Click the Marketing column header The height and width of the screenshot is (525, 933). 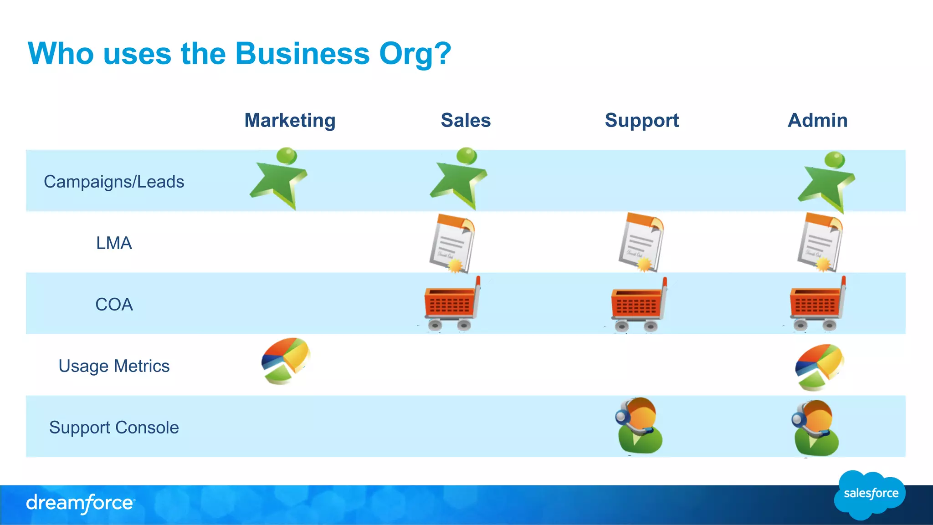click(x=290, y=121)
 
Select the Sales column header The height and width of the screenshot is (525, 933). click(x=466, y=121)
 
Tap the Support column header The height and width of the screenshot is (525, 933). click(x=641, y=121)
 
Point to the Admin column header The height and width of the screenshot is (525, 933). click(x=818, y=121)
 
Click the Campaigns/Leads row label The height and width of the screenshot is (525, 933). click(x=114, y=182)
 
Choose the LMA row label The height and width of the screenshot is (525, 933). click(x=114, y=243)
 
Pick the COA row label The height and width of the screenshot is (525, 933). click(x=114, y=305)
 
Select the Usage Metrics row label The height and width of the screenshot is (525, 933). click(x=114, y=366)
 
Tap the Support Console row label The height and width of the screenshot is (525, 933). click(x=114, y=428)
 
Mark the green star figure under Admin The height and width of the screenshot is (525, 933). click(x=826, y=183)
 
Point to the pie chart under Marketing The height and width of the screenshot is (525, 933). click(x=286, y=361)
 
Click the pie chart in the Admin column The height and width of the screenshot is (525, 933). click(x=819, y=367)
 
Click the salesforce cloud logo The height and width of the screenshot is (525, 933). click(x=870, y=494)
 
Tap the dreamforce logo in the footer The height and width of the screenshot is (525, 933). click(x=80, y=504)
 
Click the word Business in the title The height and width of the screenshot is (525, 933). click(x=302, y=54)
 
